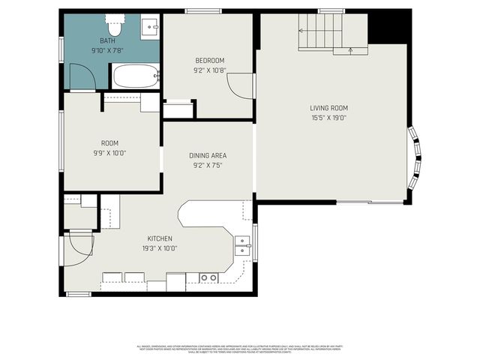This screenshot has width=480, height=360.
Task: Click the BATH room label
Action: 109,40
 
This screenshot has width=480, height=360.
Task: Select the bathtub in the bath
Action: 136,76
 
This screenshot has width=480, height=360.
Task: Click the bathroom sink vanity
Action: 150,28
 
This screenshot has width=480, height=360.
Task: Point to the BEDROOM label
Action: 210,61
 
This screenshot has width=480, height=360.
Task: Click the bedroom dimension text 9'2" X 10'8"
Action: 210,71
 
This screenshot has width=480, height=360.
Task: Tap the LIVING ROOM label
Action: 329,108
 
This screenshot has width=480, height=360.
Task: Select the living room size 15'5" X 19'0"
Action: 329,118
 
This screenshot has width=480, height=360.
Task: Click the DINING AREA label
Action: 208,156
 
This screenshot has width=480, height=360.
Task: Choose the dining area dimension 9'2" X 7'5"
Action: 208,166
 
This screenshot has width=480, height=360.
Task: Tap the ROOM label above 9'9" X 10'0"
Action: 109,143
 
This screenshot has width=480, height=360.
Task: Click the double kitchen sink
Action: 243,246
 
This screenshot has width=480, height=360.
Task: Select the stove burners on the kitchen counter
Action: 209,278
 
